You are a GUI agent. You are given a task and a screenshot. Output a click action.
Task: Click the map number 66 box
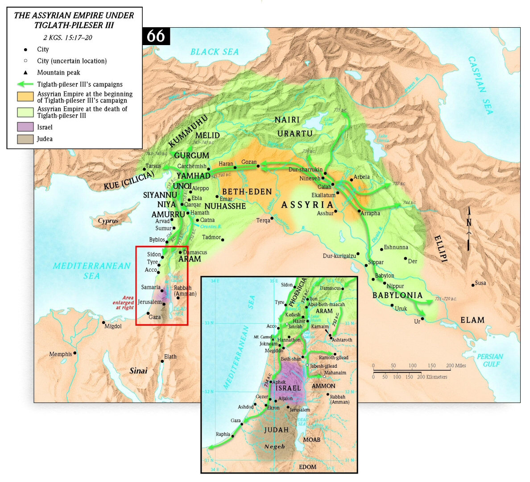point(156,36)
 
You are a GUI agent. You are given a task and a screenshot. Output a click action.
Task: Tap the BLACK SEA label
point(215,52)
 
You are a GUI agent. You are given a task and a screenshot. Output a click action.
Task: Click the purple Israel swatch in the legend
point(25,127)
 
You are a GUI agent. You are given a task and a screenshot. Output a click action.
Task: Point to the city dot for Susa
point(473,285)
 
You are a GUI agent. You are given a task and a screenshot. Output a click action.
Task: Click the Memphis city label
point(60,354)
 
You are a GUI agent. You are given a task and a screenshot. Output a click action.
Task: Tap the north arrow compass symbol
point(468,229)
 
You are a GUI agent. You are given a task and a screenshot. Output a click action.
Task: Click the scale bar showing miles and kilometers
point(411,371)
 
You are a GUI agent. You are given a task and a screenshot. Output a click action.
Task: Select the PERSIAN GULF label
point(489,360)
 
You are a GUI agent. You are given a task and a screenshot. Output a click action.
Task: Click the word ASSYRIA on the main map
point(307,205)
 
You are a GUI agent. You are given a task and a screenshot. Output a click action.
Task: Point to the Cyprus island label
point(108,221)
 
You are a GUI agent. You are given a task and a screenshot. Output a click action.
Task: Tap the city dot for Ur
point(422,319)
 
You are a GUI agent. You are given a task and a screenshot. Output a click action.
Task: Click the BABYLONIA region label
point(397,295)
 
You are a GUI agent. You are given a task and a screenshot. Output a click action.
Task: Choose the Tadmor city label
point(211,237)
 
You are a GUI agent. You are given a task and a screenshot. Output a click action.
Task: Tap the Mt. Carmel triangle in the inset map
point(273,339)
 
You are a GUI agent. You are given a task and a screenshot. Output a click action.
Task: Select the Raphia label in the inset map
point(223,434)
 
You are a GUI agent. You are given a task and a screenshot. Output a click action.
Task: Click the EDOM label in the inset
point(307,467)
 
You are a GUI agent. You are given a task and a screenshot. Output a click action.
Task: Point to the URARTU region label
point(295,133)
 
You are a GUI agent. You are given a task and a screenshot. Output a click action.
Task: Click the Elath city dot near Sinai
point(162,361)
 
